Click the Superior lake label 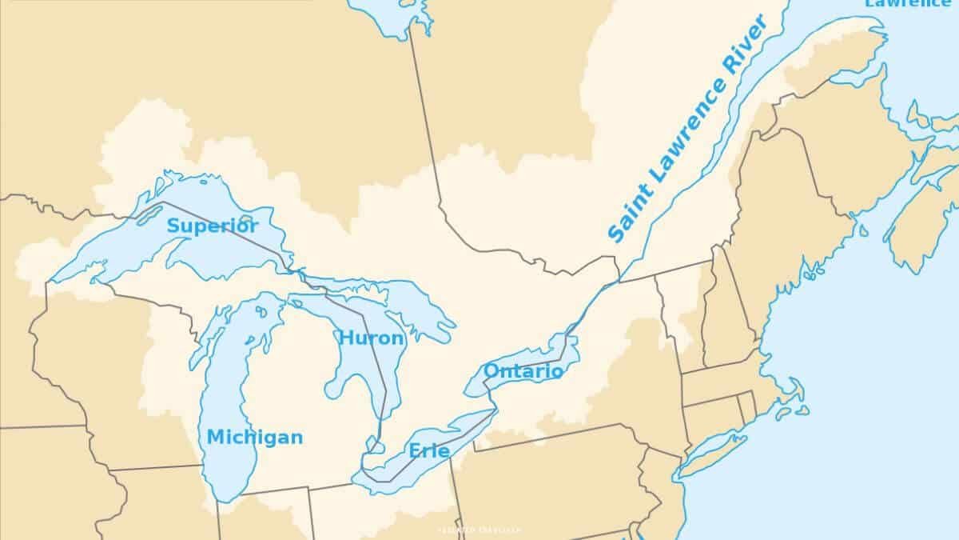coord(212,226)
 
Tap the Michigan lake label coord(255,438)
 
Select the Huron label coord(372,338)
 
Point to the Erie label coord(429,451)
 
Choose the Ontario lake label coord(523,371)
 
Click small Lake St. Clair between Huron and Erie coord(372,442)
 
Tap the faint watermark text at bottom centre coord(479,530)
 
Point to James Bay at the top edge coord(388,16)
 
